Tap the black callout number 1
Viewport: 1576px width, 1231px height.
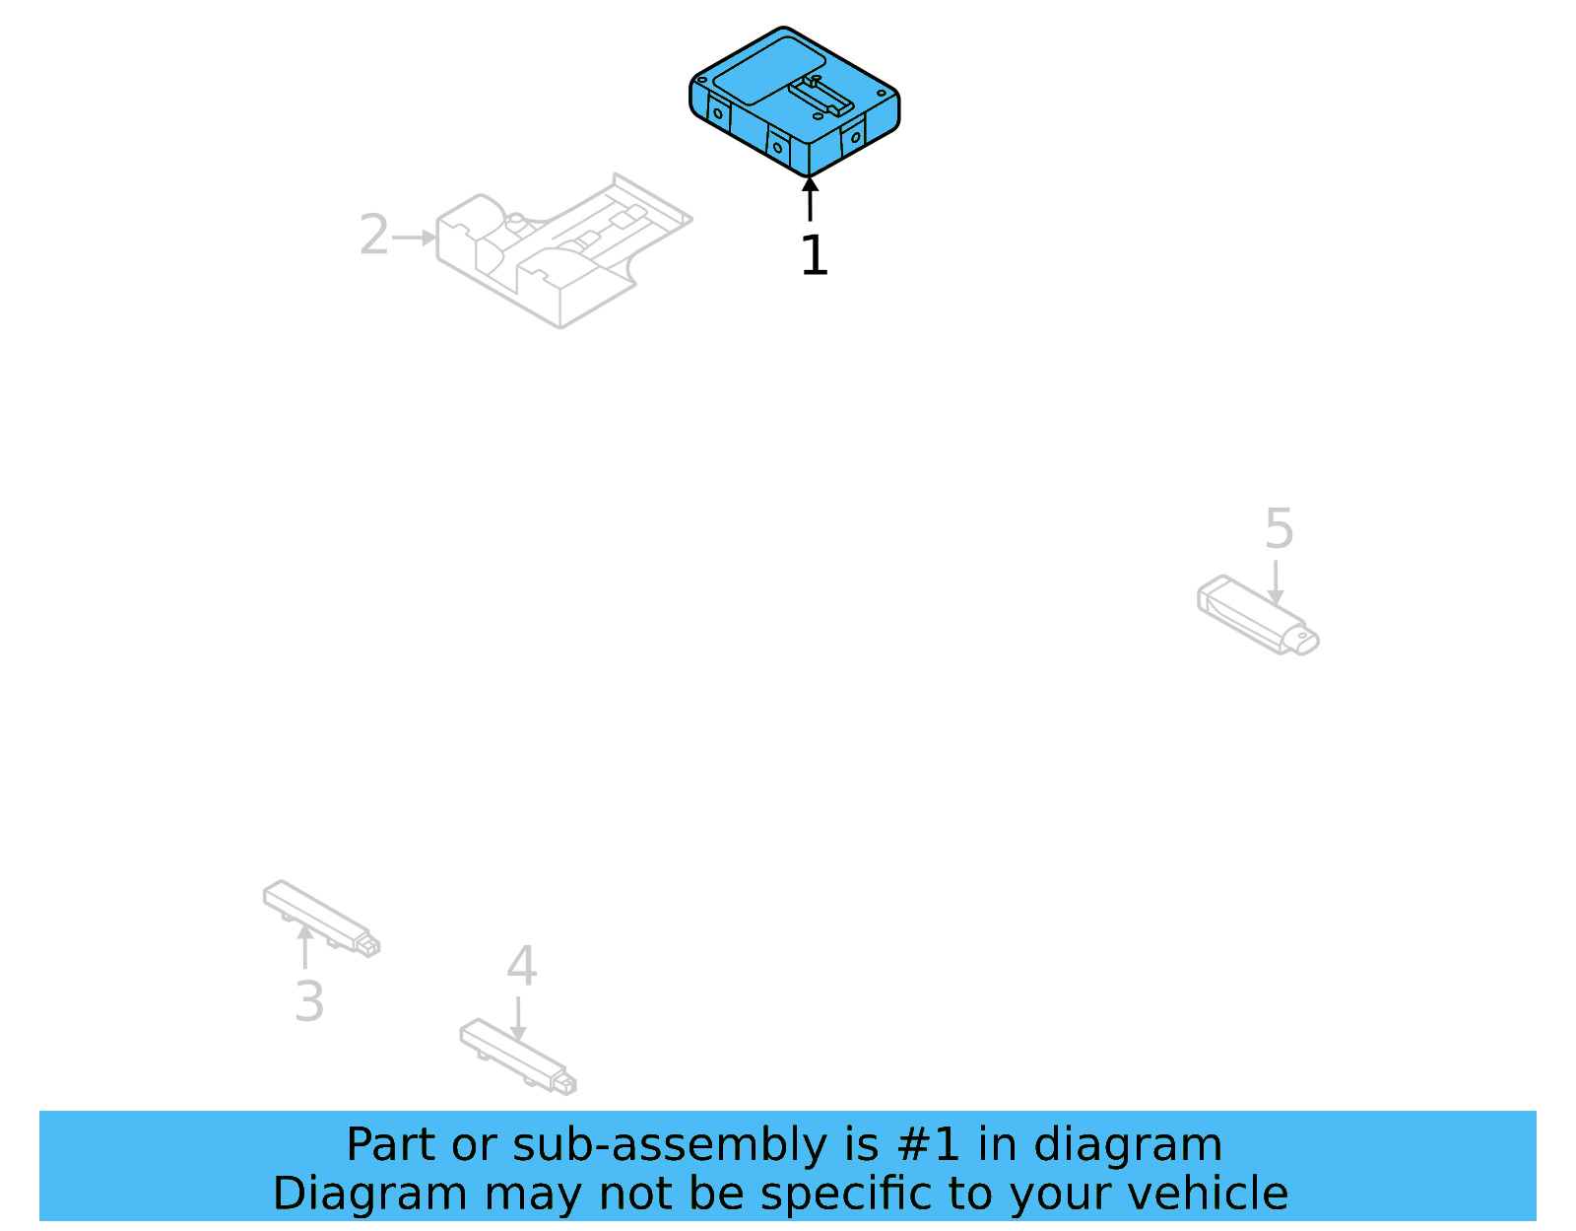[x=814, y=255]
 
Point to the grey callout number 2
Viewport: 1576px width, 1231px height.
[x=373, y=236]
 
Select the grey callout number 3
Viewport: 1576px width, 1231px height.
[x=309, y=1001]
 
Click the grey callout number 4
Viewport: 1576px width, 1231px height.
[x=522, y=966]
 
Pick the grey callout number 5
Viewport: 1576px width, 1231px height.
[x=1279, y=529]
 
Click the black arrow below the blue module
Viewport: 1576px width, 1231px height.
[x=810, y=199]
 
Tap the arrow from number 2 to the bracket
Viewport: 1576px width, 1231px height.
[x=415, y=238]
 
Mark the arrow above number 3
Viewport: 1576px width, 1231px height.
[x=305, y=946]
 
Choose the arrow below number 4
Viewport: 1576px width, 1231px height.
[x=518, y=1018]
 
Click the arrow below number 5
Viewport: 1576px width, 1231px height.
[x=1276, y=582]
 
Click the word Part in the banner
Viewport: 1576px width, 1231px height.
[x=391, y=1145]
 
